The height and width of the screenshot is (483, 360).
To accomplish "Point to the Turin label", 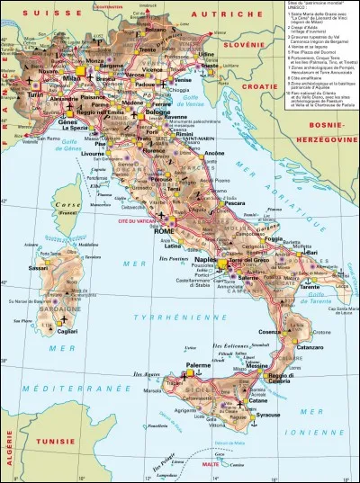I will point(36,94).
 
